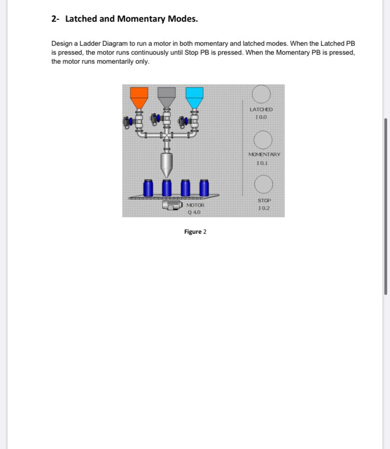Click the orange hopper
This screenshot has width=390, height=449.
139,96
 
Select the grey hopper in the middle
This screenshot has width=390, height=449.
166,96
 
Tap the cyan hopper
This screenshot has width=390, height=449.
194,96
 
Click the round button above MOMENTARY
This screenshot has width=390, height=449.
263,140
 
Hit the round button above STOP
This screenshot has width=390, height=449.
263,184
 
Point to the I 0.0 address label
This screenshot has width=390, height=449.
261,117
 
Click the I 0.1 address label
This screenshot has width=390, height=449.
262,163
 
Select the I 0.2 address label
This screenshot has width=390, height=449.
264,208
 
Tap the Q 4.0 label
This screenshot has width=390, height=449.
194,212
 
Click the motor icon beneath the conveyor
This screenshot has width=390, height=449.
173,205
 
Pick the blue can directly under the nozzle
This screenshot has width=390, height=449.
167,187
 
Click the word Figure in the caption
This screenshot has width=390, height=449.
193,232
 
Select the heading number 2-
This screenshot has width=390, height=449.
56,19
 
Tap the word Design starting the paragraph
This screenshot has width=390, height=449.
62,43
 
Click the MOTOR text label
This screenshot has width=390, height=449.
195,205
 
